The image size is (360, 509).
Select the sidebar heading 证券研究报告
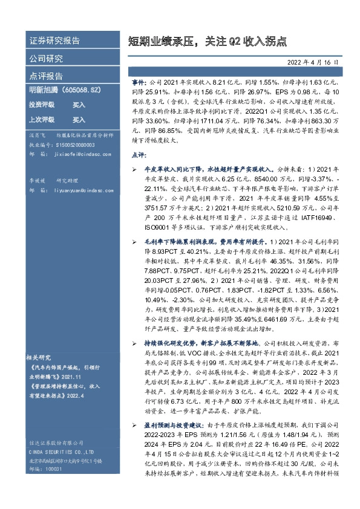(54, 41)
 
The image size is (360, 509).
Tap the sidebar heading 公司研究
(46, 59)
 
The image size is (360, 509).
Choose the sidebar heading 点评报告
(46, 76)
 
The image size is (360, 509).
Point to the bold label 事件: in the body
(139, 80)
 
